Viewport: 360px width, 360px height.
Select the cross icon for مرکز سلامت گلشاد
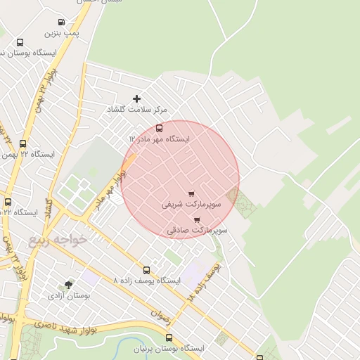(x=136, y=98)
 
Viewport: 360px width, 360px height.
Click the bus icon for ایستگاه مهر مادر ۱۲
(x=159, y=128)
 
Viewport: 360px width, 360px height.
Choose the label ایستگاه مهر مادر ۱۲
(x=160, y=139)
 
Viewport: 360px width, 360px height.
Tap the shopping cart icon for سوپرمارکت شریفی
(x=191, y=193)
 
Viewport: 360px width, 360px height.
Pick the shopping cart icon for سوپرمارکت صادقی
(x=196, y=219)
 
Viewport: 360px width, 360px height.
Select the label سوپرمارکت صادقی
(x=198, y=230)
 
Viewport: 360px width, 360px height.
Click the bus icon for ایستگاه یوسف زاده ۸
(x=146, y=270)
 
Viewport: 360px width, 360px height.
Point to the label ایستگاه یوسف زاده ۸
(x=146, y=281)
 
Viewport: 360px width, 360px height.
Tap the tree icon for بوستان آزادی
(x=68, y=285)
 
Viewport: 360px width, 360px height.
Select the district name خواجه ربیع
(x=58, y=240)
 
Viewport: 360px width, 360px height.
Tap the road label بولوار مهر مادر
(x=106, y=191)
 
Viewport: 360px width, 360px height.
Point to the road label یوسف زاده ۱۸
(x=205, y=283)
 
